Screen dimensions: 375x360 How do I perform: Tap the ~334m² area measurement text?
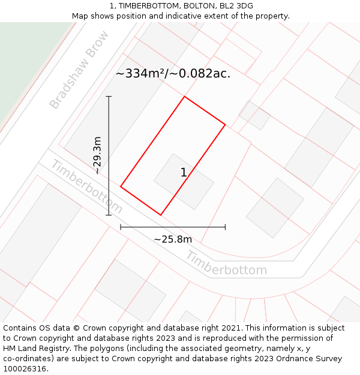click(173, 74)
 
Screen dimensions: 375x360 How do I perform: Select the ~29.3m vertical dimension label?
click(98, 155)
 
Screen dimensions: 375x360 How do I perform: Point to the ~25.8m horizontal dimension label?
click(173, 239)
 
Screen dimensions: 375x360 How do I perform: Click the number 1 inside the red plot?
click(184, 173)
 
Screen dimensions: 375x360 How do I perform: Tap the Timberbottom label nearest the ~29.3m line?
click(86, 187)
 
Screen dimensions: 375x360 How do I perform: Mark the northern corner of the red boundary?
click(184, 97)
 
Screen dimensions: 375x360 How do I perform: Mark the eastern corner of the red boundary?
click(225, 125)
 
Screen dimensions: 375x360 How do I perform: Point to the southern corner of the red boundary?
click(161, 215)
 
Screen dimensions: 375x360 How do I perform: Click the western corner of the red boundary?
click(121, 187)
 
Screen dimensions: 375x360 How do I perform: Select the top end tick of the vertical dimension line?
click(109, 96)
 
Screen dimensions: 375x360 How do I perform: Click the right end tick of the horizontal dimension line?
click(225, 227)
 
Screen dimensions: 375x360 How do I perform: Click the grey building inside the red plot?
click(184, 181)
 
